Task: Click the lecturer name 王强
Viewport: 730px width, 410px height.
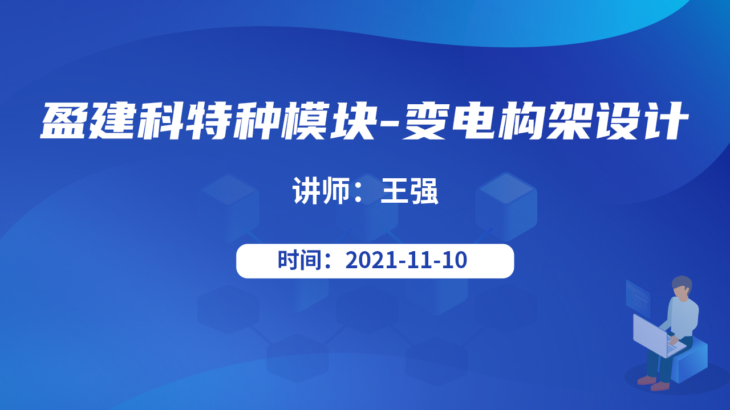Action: [409, 191]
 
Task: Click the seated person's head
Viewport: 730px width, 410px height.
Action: [682, 289]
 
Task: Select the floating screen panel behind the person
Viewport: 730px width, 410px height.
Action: [638, 298]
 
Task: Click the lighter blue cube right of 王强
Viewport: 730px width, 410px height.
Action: [506, 207]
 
